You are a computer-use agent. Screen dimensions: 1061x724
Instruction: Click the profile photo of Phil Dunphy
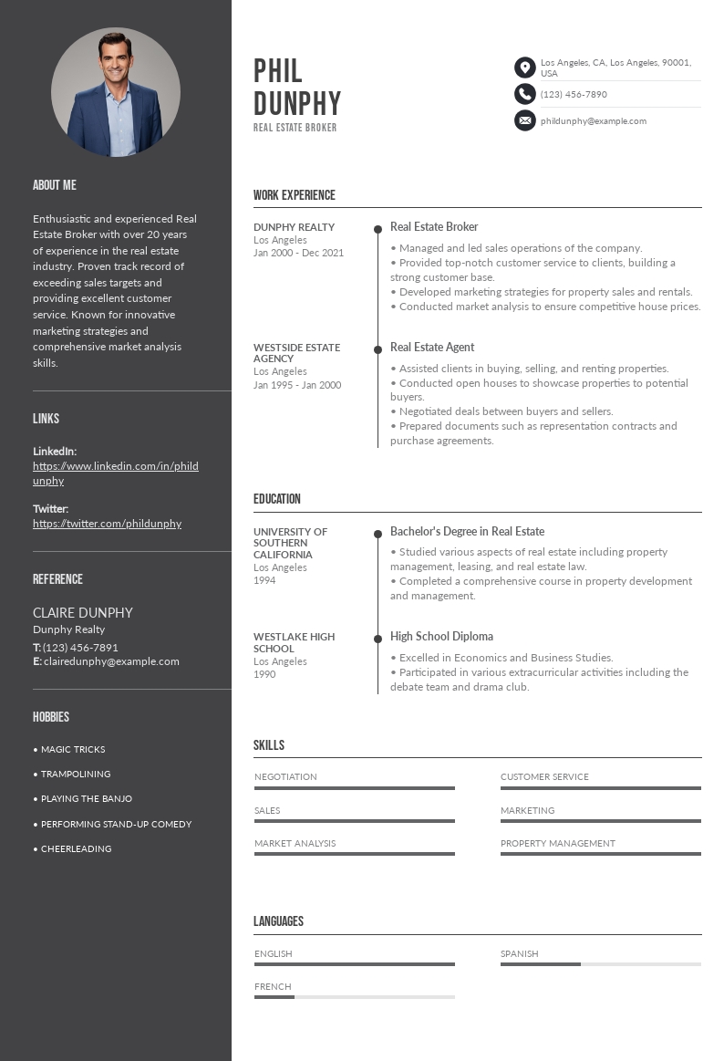[116, 92]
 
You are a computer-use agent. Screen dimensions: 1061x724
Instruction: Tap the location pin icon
[524, 68]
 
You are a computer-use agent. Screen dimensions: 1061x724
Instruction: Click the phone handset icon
[524, 94]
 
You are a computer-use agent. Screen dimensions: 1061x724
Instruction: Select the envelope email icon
[524, 120]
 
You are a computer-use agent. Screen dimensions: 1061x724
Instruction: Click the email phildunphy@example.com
[593, 120]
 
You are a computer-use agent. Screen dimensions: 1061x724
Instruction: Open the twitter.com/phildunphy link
[107, 524]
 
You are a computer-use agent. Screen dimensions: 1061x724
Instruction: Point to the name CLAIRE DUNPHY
[83, 612]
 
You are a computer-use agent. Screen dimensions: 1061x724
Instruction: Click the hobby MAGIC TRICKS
[73, 749]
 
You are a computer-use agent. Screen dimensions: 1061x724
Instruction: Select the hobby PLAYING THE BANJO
[87, 798]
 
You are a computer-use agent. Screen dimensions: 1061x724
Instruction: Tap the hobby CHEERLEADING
[76, 848]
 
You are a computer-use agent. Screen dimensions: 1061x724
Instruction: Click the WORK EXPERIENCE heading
[295, 195]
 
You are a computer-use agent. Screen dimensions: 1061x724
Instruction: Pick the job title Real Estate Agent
[432, 347]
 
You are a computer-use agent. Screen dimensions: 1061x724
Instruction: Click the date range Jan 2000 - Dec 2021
[298, 253]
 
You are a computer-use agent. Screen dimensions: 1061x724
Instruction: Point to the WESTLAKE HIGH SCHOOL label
[294, 642]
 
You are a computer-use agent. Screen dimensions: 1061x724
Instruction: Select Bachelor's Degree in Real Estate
[467, 531]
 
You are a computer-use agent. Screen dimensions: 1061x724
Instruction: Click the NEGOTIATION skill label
[285, 776]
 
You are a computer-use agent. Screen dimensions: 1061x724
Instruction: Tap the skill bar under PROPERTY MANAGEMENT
[600, 854]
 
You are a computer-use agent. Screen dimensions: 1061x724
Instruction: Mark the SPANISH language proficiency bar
[600, 964]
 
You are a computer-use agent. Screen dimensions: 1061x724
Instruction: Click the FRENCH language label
[273, 986]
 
